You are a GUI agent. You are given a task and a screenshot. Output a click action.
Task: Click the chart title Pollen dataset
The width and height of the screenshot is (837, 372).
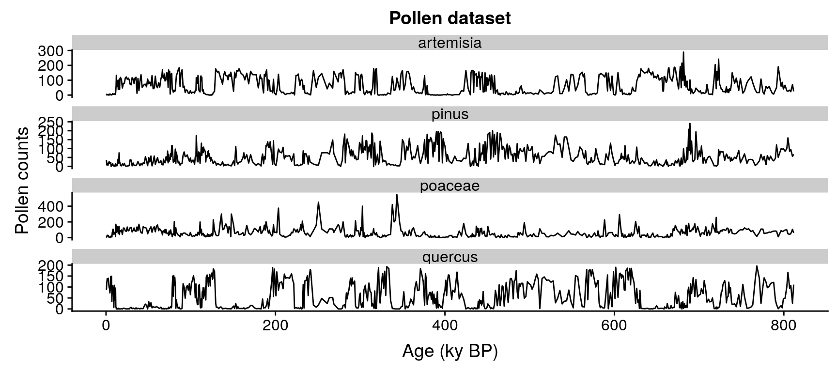[449, 18]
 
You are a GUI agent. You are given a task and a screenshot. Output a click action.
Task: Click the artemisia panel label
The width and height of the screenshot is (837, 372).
[449, 43]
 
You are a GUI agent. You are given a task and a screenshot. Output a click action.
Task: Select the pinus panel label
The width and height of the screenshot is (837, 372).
[449, 114]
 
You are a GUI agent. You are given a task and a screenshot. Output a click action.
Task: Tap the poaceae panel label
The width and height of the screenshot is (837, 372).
[449, 186]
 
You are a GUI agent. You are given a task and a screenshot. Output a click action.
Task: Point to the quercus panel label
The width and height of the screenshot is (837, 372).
[449, 257]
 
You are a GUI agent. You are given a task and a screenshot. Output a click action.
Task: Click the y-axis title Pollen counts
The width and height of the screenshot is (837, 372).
[22, 180]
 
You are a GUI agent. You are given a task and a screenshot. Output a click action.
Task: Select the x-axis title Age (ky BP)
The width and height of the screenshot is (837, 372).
[449, 352]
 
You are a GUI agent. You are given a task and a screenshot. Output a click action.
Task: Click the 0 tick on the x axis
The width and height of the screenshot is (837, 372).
[106, 326]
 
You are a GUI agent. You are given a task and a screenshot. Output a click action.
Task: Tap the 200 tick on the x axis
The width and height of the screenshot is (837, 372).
[275, 326]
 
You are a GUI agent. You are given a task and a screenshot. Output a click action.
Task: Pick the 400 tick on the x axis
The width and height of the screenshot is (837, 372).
[445, 326]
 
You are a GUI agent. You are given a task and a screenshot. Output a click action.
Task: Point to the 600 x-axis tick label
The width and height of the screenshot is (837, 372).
[614, 326]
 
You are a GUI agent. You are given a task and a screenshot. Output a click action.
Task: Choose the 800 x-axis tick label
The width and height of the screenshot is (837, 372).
[784, 326]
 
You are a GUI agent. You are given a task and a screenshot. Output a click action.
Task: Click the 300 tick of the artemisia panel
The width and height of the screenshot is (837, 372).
[50, 50]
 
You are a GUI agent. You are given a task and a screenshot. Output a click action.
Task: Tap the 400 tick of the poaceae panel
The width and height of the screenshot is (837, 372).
[50, 206]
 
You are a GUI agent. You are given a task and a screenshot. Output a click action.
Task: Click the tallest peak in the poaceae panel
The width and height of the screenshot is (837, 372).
[397, 195]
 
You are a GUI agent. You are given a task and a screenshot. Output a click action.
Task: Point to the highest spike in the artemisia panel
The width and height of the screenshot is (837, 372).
[683, 52]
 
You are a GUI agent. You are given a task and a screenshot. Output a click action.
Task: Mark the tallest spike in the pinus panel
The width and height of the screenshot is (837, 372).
[689, 124]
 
